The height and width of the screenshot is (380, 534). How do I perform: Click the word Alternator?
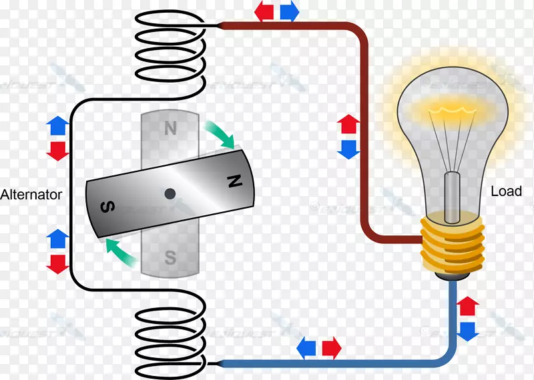tap(31, 195)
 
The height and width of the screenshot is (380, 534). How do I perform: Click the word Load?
tap(506, 191)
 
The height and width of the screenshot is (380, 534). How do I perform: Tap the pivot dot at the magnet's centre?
tap(170, 193)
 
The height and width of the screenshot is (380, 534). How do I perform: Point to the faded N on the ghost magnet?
tap(170, 128)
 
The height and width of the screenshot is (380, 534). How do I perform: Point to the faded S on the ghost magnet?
tap(170, 257)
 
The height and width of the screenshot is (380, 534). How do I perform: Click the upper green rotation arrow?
tap(220, 133)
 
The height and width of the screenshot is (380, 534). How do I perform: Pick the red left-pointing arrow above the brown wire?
tap(265, 10)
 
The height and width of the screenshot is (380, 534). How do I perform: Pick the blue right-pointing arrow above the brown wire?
tap(288, 10)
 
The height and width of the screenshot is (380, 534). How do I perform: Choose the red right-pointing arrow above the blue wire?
tap(331, 347)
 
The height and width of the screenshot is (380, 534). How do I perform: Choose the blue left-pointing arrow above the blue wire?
tap(307, 347)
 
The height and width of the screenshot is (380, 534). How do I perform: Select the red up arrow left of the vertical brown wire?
tap(348, 124)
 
